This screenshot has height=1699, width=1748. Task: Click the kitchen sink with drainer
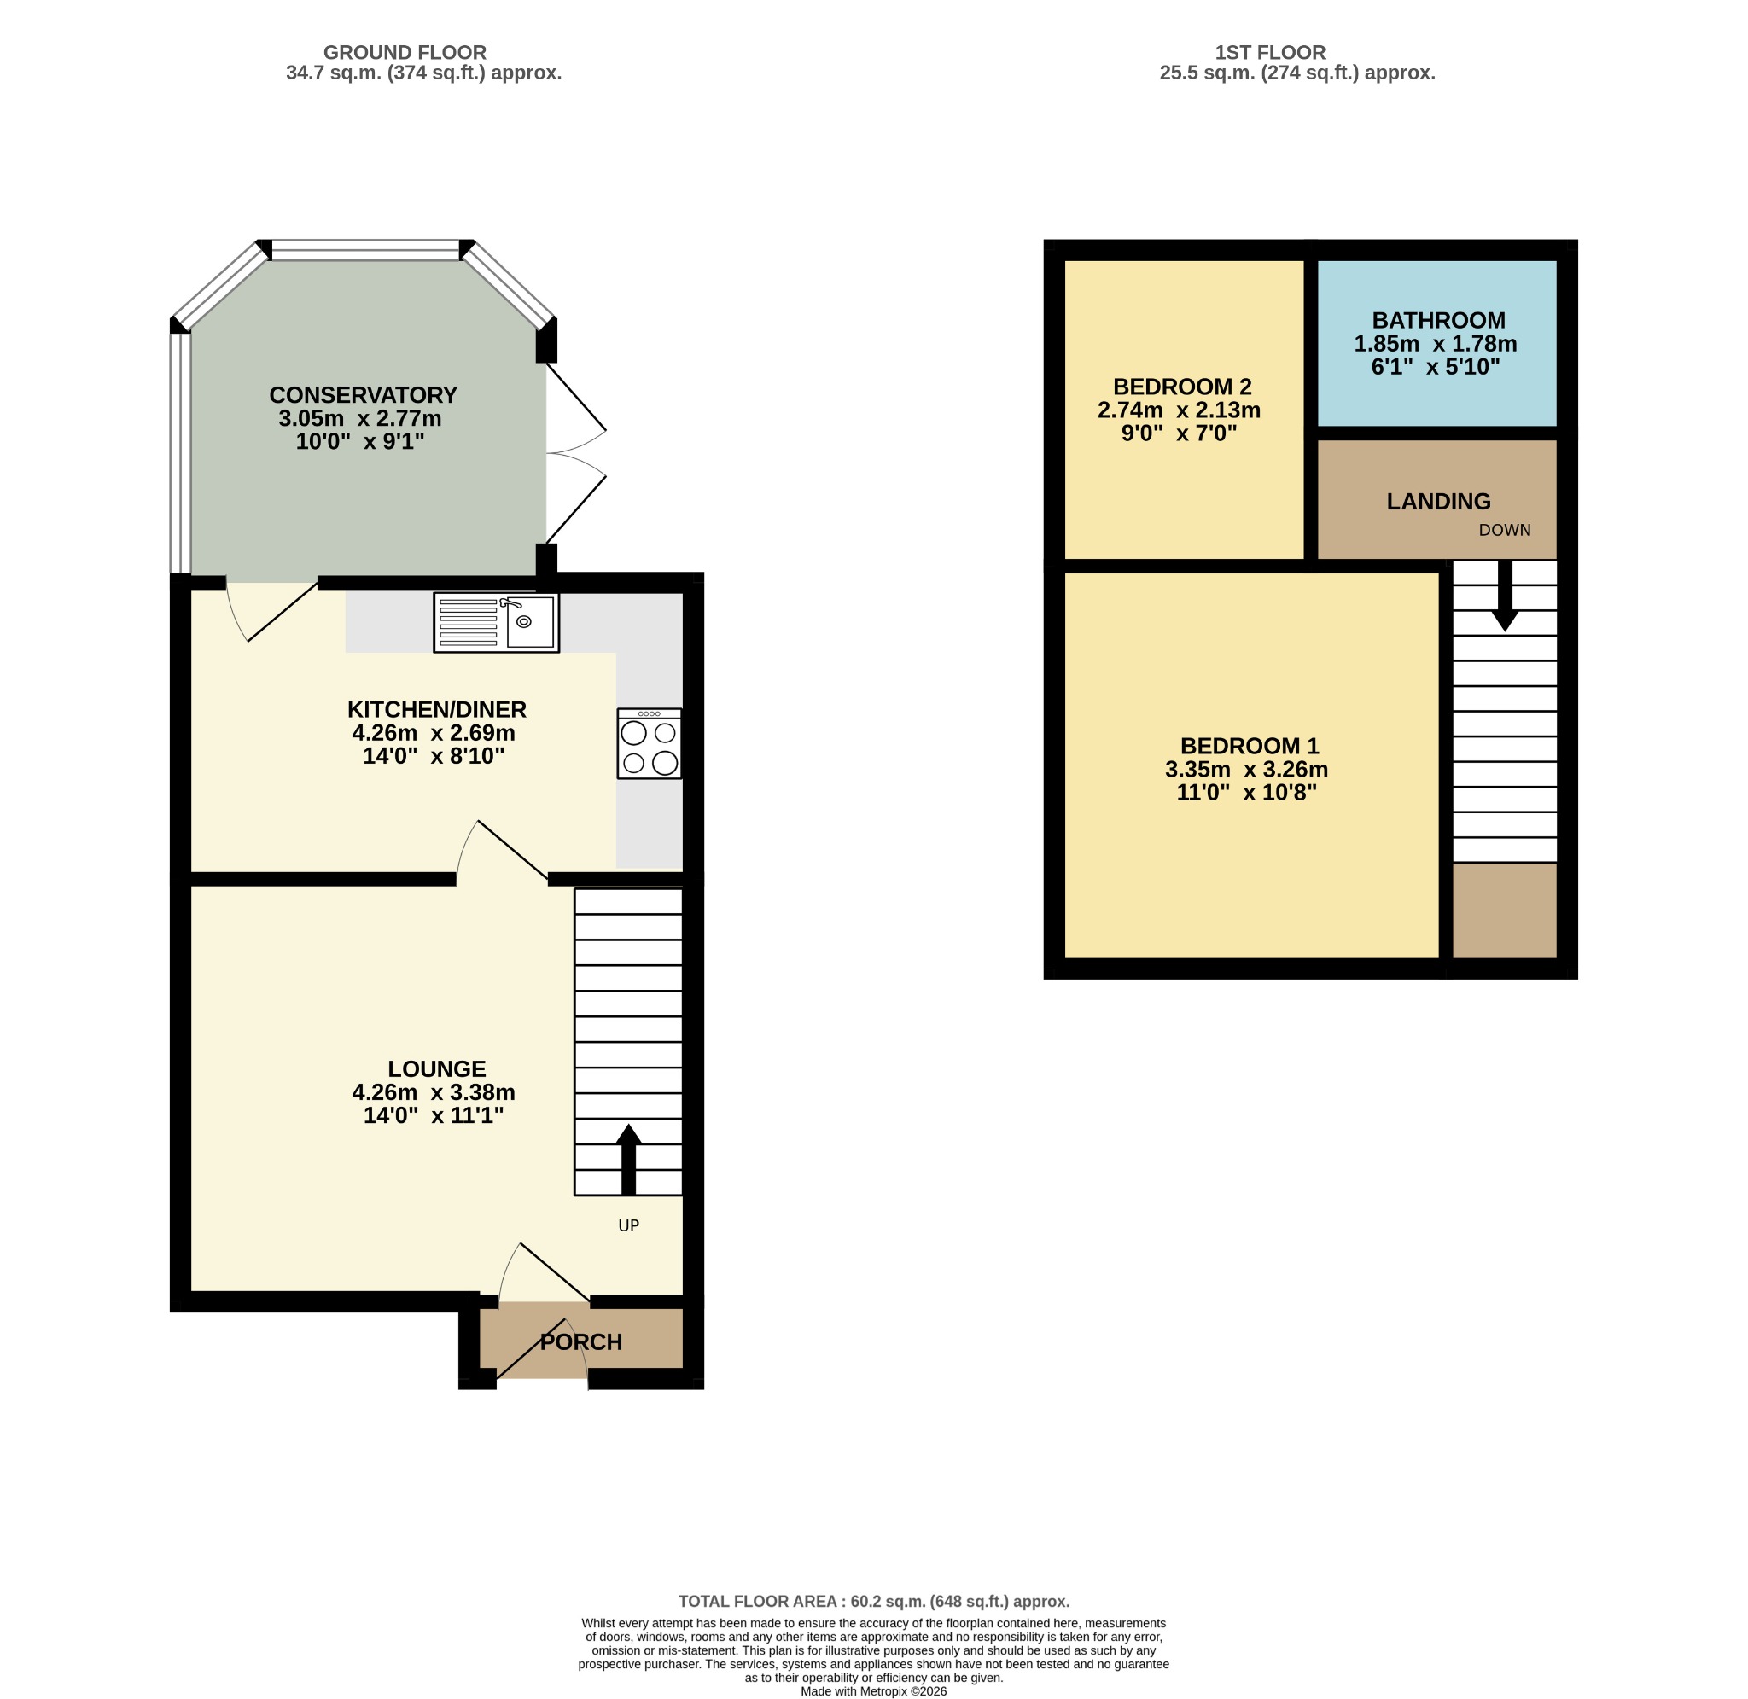pyautogui.click(x=496, y=622)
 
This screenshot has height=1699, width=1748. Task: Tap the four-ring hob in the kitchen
pyautogui.click(x=650, y=743)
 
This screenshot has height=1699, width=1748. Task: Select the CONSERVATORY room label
pyautogui.click(x=363, y=394)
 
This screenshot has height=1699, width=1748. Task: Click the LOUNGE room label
pyautogui.click(x=437, y=1068)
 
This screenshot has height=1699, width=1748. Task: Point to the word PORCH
pyautogui.click(x=581, y=1341)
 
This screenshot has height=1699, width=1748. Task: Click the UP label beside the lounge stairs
pyautogui.click(x=629, y=1225)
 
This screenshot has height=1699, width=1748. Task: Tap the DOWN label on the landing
pyautogui.click(x=1505, y=530)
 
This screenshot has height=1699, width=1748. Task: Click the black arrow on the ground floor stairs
pyautogui.click(x=628, y=1159)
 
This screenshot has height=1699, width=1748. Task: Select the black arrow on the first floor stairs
pyautogui.click(x=1505, y=596)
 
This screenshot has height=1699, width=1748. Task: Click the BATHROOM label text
pyautogui.click(x=1438, y=319)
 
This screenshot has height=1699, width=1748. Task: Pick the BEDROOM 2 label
pyautogui.click(x=1182, y=387)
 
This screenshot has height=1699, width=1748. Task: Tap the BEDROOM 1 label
pyautogui.click(x=1250, y=745)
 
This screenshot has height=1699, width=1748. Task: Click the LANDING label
pyautogui.click(x=1438, y=502)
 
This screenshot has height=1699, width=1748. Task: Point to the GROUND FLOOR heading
pyautogui.click(x=405, y=53)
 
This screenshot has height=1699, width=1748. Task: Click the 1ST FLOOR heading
pyautogui.click(x=1271, y=53)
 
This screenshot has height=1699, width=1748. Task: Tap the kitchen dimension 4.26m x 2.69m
pyautogui.click(x=434, y=733)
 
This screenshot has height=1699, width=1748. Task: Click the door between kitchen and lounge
pyautogui.click(x=502, y=852)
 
